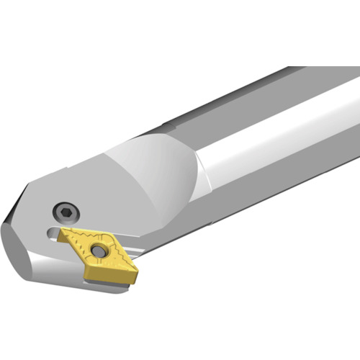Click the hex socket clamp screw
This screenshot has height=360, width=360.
(x=66, y=212)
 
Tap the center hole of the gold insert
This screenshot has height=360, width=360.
(x=98, y=251)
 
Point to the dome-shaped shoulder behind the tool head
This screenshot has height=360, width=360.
(x=151, y=173)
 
